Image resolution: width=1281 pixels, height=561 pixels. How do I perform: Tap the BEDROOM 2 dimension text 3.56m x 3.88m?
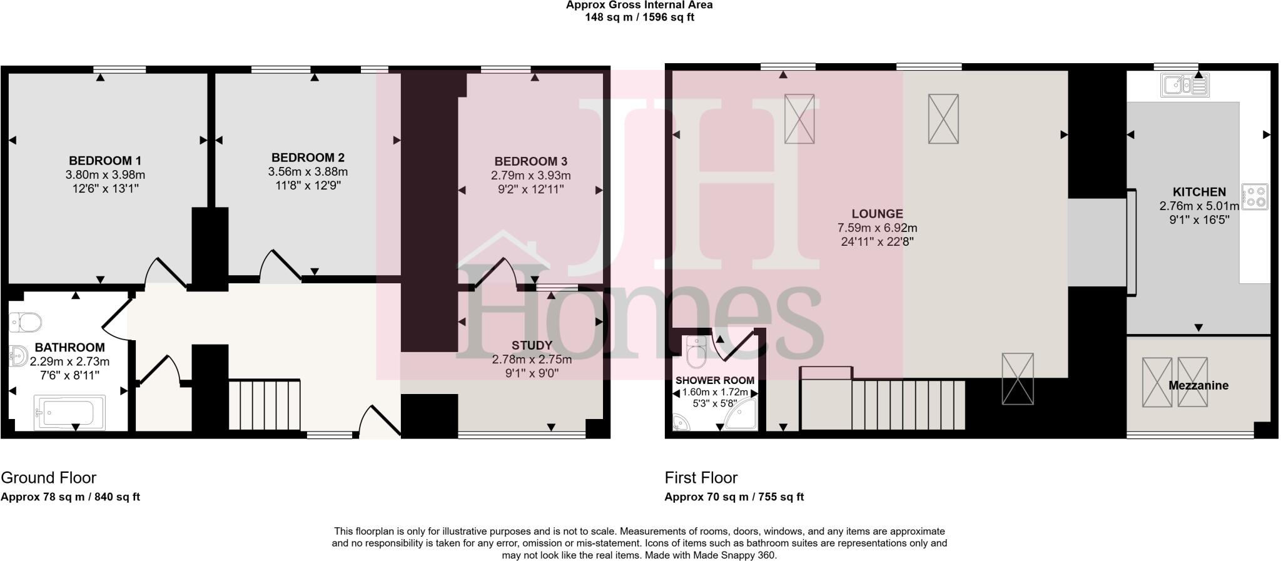(x=308, y=172)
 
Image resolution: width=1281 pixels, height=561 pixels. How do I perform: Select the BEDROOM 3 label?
(x=530, y=161)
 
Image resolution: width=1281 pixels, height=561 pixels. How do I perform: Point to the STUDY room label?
(x=532, y=345)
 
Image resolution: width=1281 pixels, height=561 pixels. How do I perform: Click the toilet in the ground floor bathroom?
(x=25, y=323)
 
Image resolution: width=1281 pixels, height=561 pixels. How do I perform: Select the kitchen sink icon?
(x=1185, y=86)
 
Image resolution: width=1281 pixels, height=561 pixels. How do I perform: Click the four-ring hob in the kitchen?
(x=1255, y=196)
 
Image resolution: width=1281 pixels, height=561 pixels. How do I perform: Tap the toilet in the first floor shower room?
(x=696, y=352)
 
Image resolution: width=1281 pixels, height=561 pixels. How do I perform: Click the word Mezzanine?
(x=1198, y=385)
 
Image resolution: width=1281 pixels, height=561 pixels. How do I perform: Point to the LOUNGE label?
(x=877, y=214)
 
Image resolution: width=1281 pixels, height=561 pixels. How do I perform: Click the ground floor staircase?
(x=265, y=405)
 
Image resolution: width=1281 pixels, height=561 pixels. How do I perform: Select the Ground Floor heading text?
(x=49, y=478)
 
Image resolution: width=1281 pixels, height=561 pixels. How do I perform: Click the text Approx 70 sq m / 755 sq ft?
(x=734, y=497)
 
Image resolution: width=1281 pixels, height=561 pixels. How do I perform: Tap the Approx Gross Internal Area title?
(x=639, y=5)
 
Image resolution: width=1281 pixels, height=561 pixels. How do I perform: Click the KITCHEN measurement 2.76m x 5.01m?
(x=1199, y=206)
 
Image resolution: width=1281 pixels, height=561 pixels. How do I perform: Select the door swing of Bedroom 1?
(x=164, y=273)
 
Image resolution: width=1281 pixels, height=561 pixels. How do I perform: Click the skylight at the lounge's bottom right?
(x=1018, y=378)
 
